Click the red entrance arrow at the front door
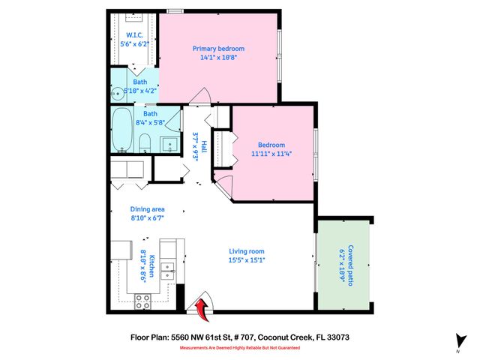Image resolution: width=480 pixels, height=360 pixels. [x=201, y=306]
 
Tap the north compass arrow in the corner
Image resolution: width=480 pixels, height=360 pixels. [x=456, y=342]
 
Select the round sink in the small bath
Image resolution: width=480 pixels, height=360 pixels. [x=117, y=94]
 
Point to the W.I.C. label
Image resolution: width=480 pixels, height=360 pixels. [x=135, y=34]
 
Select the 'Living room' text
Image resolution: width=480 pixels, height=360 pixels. [x=247, y=251]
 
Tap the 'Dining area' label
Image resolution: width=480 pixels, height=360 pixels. [x=147, y=209]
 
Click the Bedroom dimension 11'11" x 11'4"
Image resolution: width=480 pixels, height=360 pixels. [x=271, y=154]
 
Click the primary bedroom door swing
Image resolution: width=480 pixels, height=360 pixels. [x=199, y=98]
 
